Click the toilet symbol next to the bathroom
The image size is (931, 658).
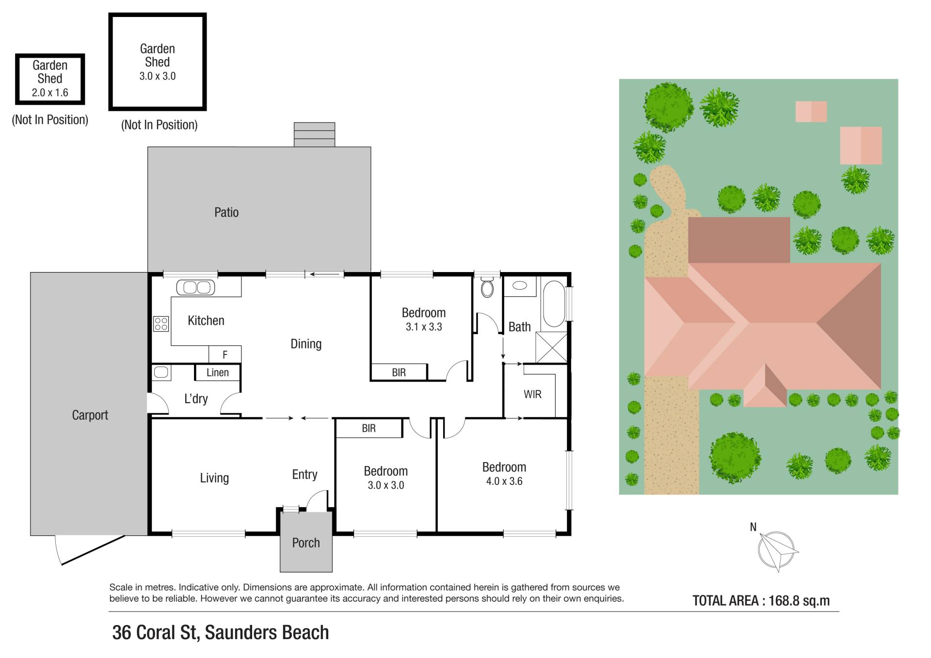[x=487, y=288]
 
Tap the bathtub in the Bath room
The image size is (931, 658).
[x=554, y=304]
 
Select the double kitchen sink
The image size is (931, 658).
[x=195, y=288]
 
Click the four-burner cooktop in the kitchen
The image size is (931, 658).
[x=161, y=324]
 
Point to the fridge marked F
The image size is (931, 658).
[x=225, y=354]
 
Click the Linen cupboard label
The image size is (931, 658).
[x=218, y=372]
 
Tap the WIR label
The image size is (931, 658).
[x=532, y=394]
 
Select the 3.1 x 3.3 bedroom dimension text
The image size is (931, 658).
[x=424, y=327]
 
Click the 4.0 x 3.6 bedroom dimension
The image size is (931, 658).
[x=504, y=481]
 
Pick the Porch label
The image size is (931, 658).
[x=306, y=543]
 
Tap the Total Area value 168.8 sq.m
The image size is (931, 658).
[x=799, y=601]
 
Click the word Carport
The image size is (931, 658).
[x=90, y=415]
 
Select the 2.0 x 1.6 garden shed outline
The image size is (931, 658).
[x=50, y=79]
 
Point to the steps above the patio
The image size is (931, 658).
[x=314, y=134]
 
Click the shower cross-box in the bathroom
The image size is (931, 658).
[x=551, y=347]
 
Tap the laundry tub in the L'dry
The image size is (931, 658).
[x=161, y=372]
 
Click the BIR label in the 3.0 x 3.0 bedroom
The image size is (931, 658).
[x=369, y=428]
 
